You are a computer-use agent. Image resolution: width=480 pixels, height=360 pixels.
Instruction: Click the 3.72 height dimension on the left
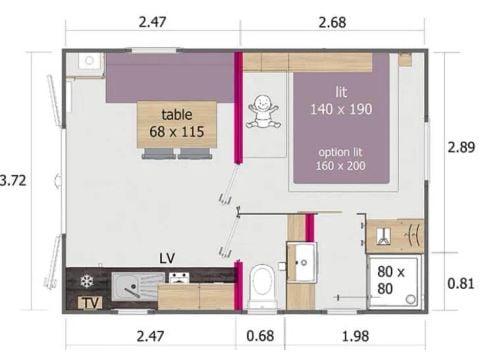(11, 181)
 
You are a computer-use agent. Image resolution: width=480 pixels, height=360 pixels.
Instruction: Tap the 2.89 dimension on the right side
(462, 145)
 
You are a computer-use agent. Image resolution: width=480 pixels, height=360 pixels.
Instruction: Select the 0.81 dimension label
(462, 283)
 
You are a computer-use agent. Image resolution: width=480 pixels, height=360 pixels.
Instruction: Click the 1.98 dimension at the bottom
(355, 334)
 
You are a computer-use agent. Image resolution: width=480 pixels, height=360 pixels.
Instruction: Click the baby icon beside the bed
(262, 110)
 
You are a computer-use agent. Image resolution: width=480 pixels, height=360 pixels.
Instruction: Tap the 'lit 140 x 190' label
(339, 101)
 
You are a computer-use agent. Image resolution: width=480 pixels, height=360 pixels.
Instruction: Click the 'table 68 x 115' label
(176, 123)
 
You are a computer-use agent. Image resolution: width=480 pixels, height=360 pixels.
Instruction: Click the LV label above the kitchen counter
(166, 258)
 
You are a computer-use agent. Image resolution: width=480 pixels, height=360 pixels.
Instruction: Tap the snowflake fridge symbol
(86, 280)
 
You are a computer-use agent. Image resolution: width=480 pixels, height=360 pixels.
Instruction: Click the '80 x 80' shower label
(391, 279)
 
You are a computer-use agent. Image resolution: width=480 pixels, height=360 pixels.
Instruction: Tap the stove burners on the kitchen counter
(178, 279)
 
